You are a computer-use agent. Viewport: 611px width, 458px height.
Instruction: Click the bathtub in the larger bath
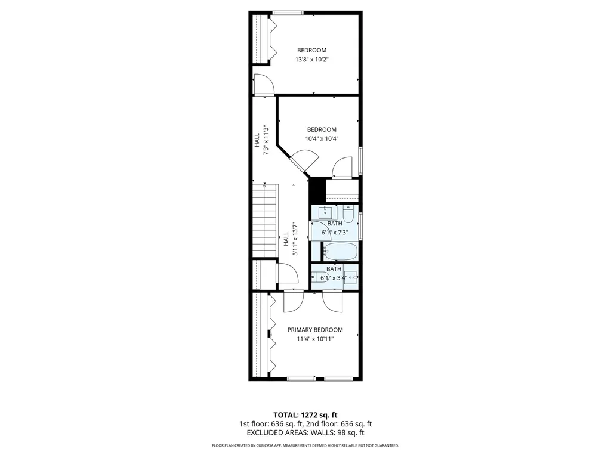coord(340,252)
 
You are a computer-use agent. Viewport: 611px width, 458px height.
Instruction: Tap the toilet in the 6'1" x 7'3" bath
coord(348,213)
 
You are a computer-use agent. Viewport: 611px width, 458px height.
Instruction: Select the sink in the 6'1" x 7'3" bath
coord(325,213)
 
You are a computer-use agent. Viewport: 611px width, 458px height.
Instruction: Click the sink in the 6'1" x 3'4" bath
coord(352,277)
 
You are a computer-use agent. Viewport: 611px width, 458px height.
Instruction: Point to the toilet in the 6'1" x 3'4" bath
coord(316,277)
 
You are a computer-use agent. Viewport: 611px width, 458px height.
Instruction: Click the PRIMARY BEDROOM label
coord(315,330)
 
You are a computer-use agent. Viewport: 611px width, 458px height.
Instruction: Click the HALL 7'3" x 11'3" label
coord(262,140)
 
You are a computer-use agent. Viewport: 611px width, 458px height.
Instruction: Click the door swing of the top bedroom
coord(263,84)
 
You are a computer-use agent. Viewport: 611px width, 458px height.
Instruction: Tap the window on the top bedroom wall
coord(288,13)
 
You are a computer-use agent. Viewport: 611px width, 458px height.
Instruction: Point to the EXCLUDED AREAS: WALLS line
coord(305,433)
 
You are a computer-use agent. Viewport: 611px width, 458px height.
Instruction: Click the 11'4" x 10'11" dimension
coord(315,339)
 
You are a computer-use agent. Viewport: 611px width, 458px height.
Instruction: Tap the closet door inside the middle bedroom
coord(342,167)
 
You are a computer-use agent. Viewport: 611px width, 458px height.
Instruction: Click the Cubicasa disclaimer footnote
coord(305,445)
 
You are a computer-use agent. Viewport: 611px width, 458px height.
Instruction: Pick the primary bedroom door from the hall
coord(294,301)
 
